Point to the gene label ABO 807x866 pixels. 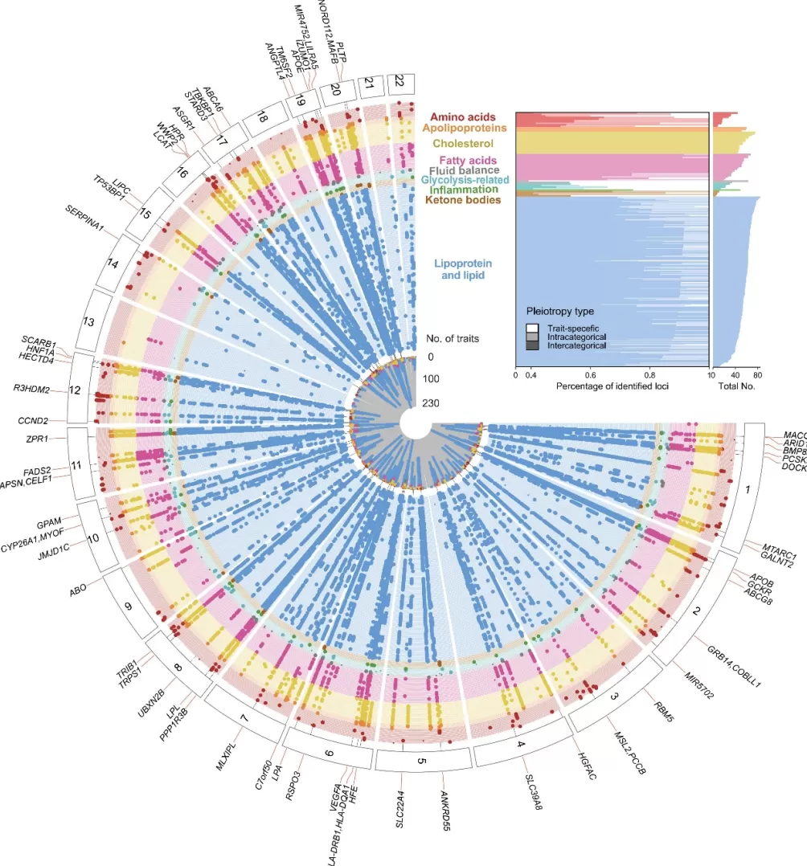tap(79, 589)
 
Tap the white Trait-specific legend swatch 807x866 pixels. tap(532, 328)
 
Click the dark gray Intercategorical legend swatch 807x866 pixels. tap(532, 345)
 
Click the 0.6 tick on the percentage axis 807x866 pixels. tap(591, 374)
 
